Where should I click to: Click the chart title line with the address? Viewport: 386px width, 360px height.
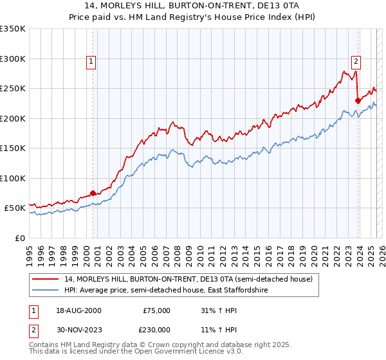coord(192,6)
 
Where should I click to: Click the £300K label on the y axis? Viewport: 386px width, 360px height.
coord(13,59)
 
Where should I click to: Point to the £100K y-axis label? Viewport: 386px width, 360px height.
coord(13,178)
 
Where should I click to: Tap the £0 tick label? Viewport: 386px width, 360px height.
coord(20,238)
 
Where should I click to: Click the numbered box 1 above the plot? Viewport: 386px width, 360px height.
coord(91,62)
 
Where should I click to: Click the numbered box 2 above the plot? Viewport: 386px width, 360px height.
coord(356,62)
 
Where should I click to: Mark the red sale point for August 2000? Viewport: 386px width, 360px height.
coord(93,193)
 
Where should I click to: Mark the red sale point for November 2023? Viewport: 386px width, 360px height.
coord(358,100)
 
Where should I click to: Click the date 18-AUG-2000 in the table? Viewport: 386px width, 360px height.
coord(78,310)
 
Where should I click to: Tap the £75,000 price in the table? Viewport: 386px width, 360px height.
coord(158,310)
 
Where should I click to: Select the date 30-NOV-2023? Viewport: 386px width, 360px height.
coord(79,330)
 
